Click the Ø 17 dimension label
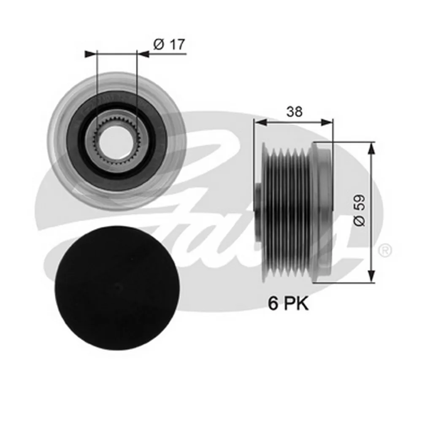click(x=169, y=44)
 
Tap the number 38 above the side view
click(x=294, y=111)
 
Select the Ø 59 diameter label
click(x=360, y=211)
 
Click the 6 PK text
click(x=288, y=304)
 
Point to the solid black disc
click(x=118, y=288)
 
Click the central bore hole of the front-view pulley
click(x=116, y=142)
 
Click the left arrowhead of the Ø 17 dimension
click(x=90, y=54)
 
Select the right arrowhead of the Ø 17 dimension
click(x=143, y=54)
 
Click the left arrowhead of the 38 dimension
click(x=260, y=123)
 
